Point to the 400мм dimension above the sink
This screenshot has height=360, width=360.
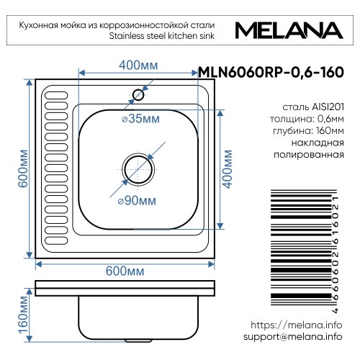[x=138, y=66]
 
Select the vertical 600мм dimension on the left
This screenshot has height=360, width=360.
[x=23, y=169]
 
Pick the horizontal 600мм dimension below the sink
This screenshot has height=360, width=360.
[x=125, y=271]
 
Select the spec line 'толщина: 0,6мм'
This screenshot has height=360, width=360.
[x=307, y=119]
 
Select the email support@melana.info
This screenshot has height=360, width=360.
[x=292, y=337]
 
